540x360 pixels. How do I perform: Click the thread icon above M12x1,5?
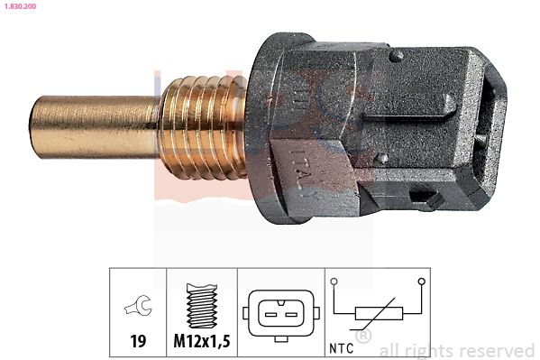click(201, 305)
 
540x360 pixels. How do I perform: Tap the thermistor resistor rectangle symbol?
click(378, 313)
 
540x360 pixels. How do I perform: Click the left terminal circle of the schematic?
click(334, 282)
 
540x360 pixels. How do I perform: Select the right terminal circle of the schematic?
click(422, 282)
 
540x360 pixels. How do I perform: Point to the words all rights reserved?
click(457, 350)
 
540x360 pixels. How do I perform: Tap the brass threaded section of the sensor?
click(203, 126)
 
